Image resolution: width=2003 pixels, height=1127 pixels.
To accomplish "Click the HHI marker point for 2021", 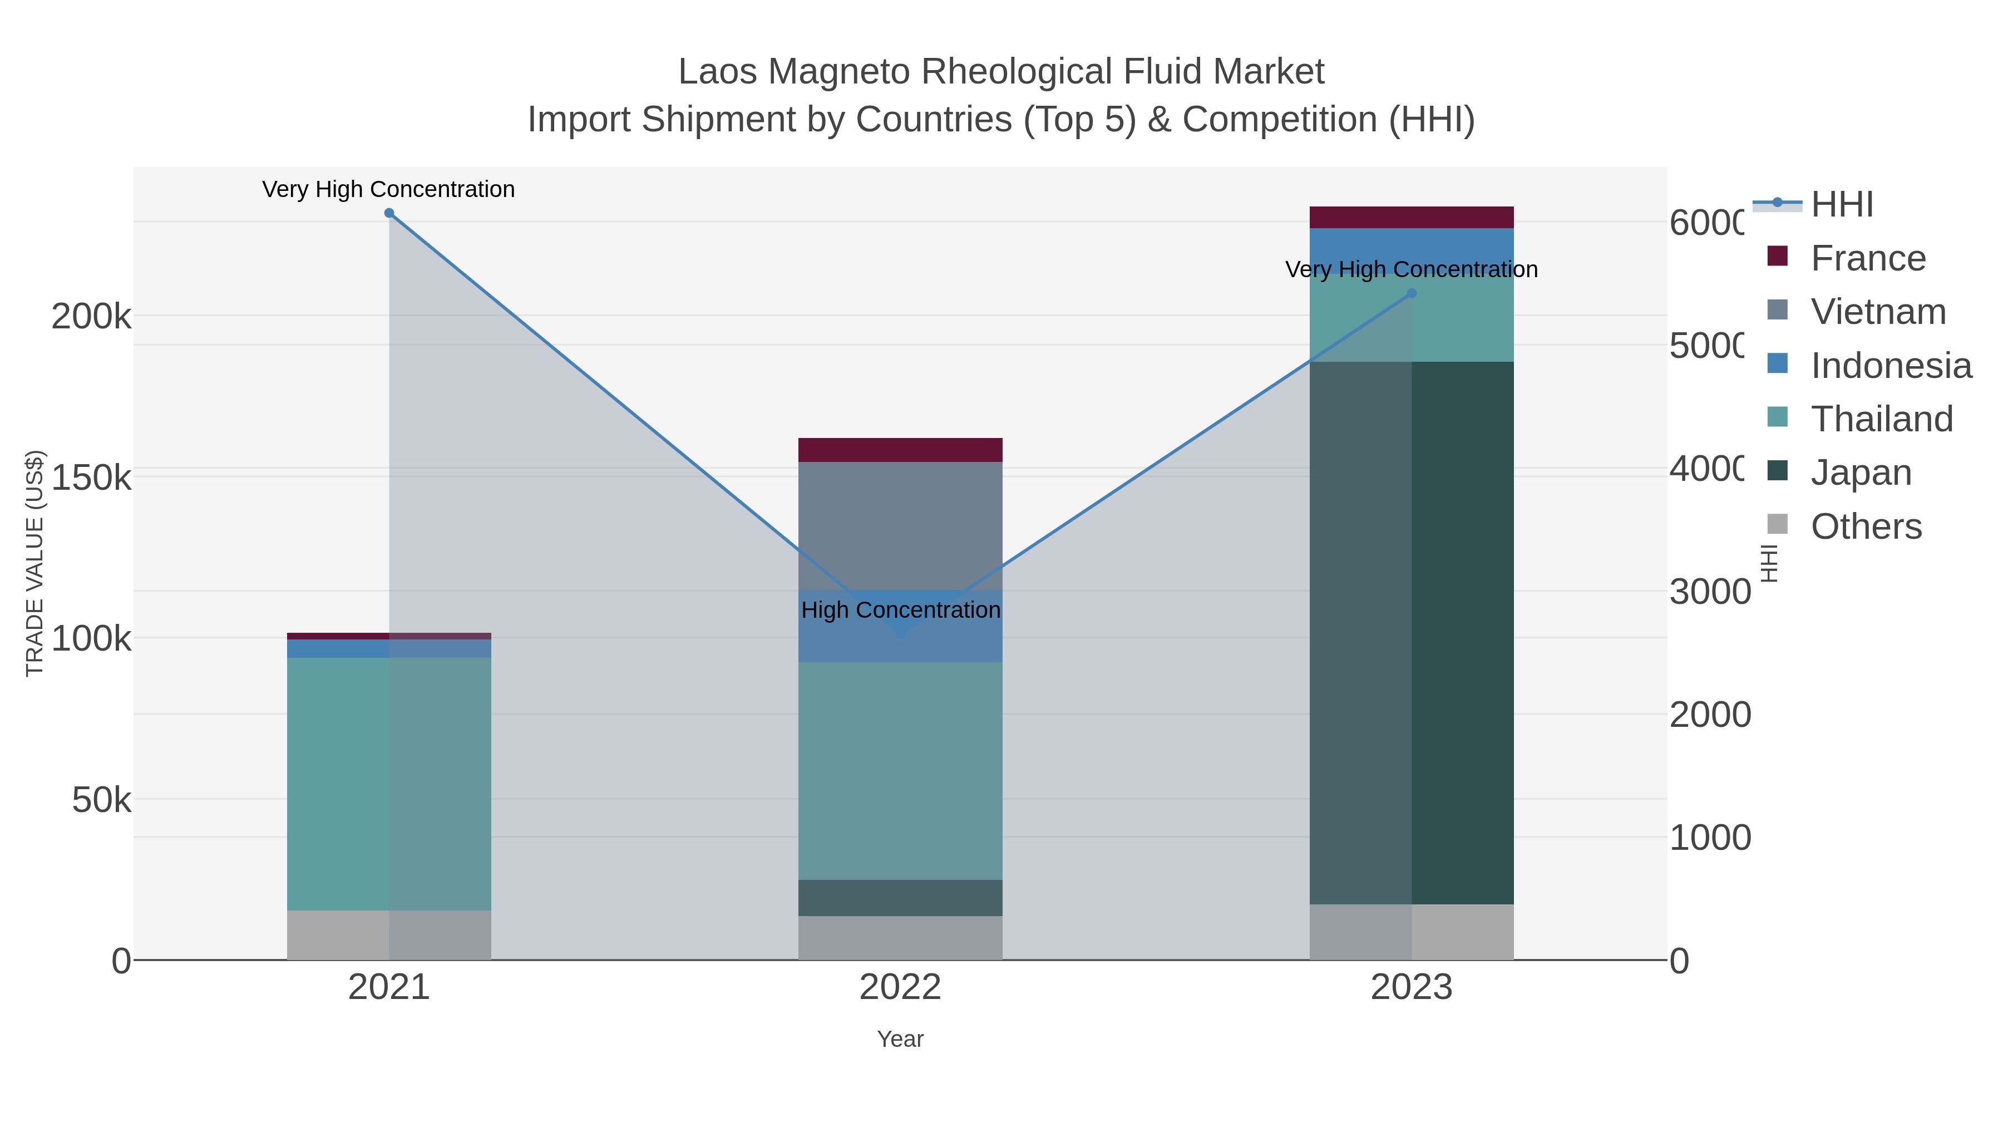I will [x=389, y=213].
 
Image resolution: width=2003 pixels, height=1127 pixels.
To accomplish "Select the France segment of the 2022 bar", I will [x=900, y=450].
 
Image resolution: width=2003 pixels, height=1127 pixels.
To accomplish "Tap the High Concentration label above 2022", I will [x=900, y=610].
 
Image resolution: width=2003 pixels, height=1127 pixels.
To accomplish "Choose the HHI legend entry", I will [x=1841, y=205].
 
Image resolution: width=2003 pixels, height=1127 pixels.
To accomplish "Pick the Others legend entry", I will [x=1866, y=526].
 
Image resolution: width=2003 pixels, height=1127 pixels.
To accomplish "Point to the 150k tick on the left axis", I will [x=91, y=478].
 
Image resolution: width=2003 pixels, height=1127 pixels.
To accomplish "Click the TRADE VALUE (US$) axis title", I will [x=35, y=563].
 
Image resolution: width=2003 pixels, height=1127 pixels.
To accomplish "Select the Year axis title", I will [x=900, y=1039].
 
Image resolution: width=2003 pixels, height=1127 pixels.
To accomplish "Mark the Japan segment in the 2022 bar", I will [x=900, y=898].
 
